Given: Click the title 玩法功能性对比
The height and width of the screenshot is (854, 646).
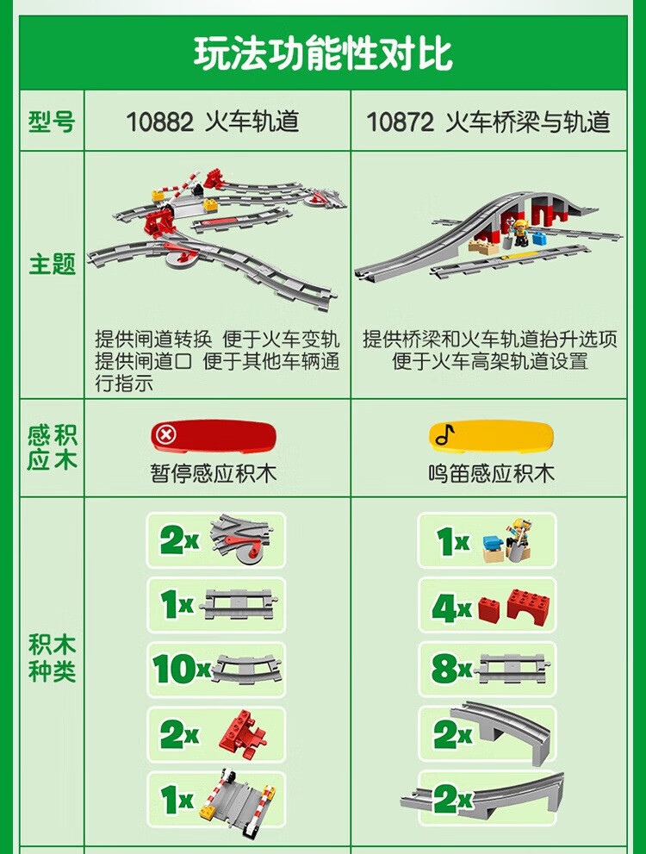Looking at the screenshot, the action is click(x=323, y=53).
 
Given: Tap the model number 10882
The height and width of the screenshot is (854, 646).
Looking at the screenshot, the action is click(x=159, y=122).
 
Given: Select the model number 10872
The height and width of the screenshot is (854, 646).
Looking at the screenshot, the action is click(x=400, y=122).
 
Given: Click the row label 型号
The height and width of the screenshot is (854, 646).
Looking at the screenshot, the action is click(x=52, y=122).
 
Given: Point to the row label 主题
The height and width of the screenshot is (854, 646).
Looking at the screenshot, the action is click(x=52, y=265).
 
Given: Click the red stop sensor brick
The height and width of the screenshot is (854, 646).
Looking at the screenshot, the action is click(x=214, y=436).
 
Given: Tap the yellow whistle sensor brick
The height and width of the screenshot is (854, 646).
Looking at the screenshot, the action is click(x=492, y=437).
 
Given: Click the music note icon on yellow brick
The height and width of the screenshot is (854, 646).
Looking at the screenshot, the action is click(x=444, y=434).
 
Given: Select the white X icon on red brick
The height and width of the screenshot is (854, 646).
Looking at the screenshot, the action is click(x=166, y=434).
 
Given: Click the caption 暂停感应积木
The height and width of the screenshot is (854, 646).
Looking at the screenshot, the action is click(x=214, y=473).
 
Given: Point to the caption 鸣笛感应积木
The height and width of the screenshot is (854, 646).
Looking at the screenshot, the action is click(x=491, y=473).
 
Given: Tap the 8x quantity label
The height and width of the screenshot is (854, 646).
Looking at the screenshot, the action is click(x=451, y=668).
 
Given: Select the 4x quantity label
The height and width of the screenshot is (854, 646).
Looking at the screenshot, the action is click(x=451, y=608).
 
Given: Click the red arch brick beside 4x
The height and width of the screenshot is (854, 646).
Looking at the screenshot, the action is click(x=529, y=606).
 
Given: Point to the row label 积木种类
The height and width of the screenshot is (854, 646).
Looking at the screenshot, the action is click(x=52, y=658).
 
